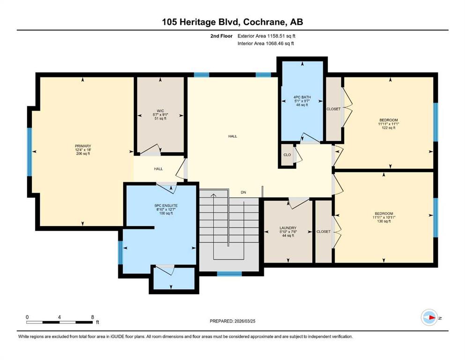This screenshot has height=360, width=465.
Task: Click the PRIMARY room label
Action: pos(83,146)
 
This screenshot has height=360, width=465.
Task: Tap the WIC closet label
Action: pos(161,111)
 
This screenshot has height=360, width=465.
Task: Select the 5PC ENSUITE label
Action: pos(166,206)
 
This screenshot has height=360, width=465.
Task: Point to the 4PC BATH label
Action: pos(302,97)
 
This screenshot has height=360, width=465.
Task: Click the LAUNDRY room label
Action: pos(288,228)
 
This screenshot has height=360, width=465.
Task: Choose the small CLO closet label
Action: pos(287,155)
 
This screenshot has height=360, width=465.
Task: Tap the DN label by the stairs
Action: pos(244,192)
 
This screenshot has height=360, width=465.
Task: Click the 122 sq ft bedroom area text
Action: pos(389,128)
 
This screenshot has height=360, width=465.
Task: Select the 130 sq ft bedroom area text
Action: pos(384,221)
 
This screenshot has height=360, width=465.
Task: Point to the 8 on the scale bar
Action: pos(93,317)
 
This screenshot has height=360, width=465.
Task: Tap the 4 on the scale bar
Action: pos(59,317)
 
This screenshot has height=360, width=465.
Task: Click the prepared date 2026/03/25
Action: pos(245,321)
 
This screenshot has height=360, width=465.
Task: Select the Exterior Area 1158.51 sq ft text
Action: pos(266,36)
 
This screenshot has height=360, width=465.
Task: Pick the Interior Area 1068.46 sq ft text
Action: pos(266,43)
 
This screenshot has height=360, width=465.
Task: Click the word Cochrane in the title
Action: pos(265,22)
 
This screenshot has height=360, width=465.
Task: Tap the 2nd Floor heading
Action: pos(221,36)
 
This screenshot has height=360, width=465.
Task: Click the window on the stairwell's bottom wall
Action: pos(229,274)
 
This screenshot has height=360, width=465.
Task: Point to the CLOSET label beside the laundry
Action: pos(324,232)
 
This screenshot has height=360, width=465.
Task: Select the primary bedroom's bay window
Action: pos(30,152)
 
